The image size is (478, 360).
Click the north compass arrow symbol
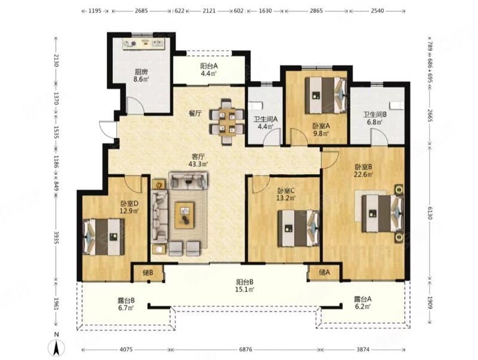coord(56,347)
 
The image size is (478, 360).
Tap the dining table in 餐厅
coord(227,121)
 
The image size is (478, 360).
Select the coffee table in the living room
coord(185,215)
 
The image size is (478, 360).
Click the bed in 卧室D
coord(103,236)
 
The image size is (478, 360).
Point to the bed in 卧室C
coord(298,229)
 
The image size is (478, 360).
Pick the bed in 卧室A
coord(326,95)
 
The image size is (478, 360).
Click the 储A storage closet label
coord(324,272)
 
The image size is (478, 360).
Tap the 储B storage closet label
coord(148,273)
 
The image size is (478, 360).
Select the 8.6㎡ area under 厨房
coord(141,79)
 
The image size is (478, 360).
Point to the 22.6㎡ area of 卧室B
coord(365,174)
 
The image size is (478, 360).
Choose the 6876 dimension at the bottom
coord(246,350)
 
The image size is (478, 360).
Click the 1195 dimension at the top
coord(95,11)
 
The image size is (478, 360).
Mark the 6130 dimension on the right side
coord(430,213)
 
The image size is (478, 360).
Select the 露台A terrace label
coord(363,299)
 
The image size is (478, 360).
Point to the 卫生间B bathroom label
coord(375,115)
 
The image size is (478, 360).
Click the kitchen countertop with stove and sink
coord(143,44)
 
